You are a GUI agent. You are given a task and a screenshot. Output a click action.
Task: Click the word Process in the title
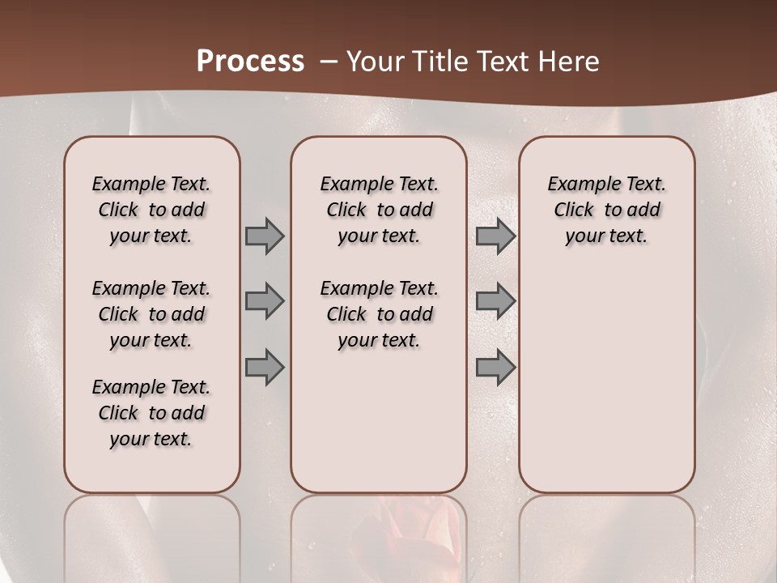(x=250, y=62)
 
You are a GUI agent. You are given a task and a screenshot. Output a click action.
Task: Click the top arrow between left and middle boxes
(x=265, y=236)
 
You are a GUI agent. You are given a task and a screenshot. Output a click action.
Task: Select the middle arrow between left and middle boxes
(x=265, y=301)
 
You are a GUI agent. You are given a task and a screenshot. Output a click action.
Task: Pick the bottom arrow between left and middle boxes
(x=265, y=368)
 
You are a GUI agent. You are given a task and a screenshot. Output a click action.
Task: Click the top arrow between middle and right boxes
(x=495, y=236)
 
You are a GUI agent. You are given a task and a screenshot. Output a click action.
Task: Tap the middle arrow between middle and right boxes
(x=495, y=301)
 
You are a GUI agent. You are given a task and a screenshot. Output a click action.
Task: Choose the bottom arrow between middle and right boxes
(x=495, y=368)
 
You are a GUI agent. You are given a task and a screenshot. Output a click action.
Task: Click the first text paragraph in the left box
(x=151, y=210)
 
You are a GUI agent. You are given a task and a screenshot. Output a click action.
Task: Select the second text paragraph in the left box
(x=151, y=314)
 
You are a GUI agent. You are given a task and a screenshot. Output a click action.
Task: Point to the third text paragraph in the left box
(x=151, y=413)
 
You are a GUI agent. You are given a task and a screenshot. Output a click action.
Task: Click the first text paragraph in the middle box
(x=379, y=210)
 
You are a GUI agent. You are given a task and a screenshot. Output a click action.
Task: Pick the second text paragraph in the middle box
(x=379, y=314)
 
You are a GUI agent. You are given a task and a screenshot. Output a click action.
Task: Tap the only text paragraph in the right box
(x=607, y=210)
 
